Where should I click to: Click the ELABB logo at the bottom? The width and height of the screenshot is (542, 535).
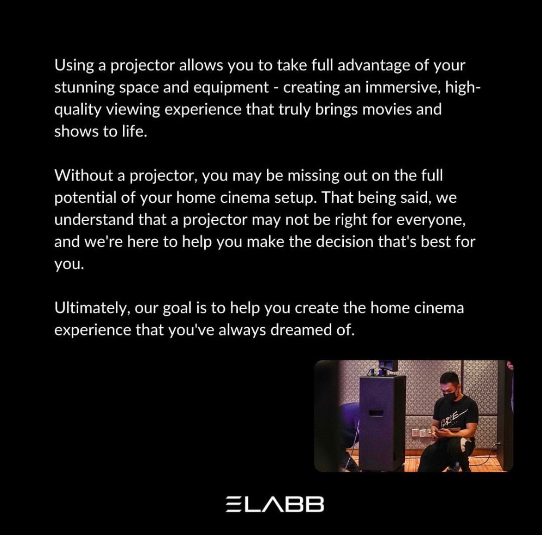click(x=275, y=504)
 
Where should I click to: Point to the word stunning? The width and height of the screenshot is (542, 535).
click(x=84, y=88)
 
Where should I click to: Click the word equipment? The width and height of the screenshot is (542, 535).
click(x=231, y=88)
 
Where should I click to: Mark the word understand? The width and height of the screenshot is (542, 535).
click(x=94, y=220)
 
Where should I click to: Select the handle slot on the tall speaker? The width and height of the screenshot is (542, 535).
click(x=376, y=413)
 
